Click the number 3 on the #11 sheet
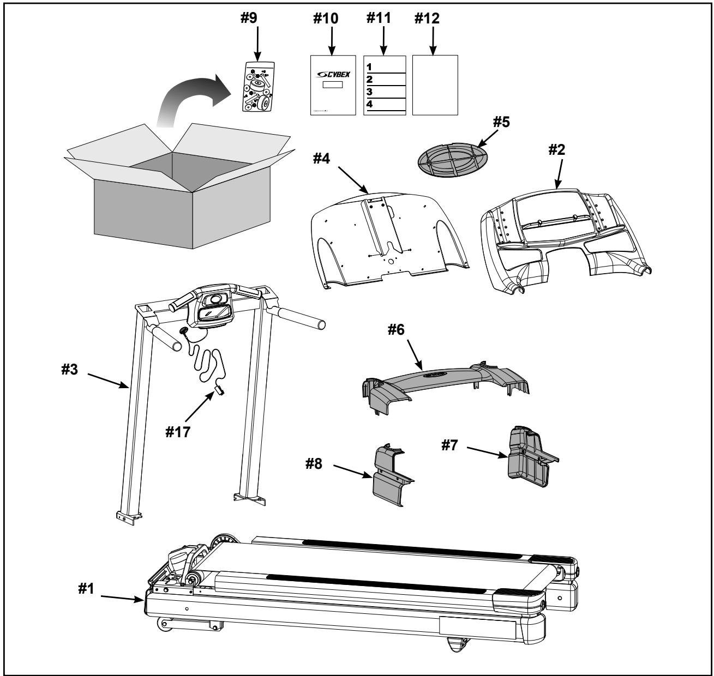[x=370, y=91]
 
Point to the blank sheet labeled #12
[x=435, y=85]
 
